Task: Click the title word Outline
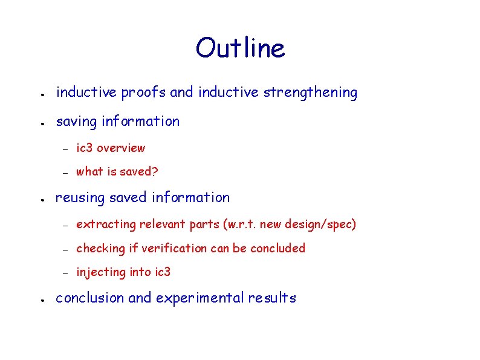[240, 48]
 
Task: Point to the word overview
[121, 148]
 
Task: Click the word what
[89, 172]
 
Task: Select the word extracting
[106, 224]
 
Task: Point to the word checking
[100, 248]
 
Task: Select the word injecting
[100, 272]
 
